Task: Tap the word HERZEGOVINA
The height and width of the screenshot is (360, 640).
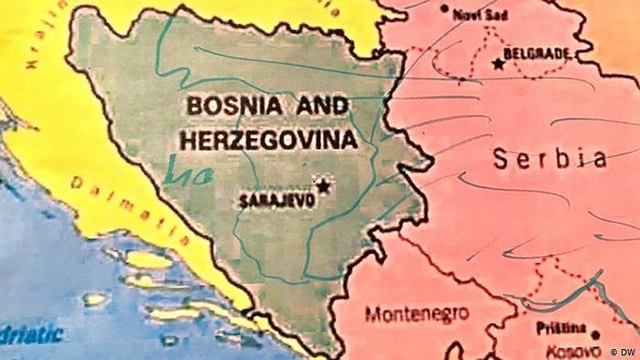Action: click(269, 140)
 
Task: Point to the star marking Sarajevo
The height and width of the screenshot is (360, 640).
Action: click(323, 185)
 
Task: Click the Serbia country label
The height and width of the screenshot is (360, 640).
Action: click(550, 159)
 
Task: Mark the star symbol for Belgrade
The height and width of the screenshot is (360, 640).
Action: click(497, 64)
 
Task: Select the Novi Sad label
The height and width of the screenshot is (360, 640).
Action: click(477, 14)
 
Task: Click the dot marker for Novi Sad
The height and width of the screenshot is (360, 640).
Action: click(445, 9)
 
